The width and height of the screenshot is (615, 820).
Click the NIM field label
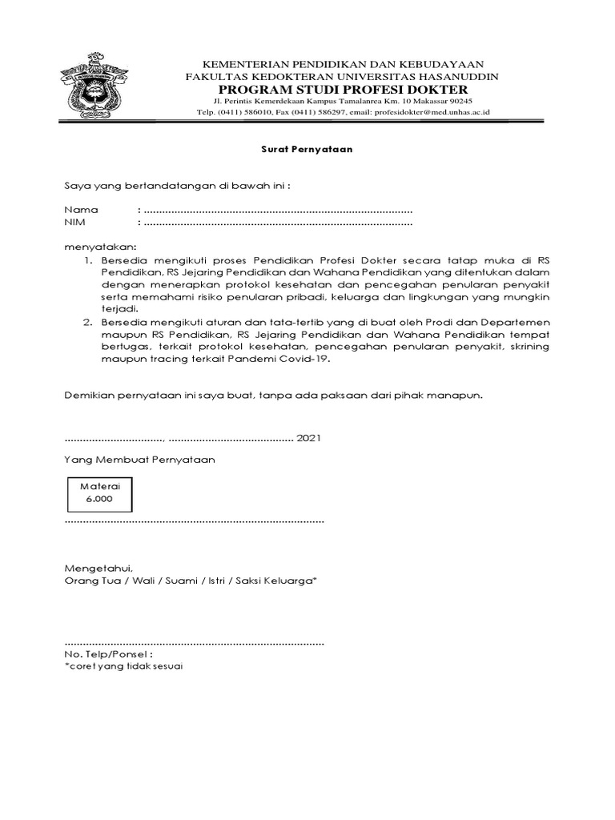coord(75,222)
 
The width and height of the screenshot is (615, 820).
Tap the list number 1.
coord(87,261)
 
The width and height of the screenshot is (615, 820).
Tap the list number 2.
coord(87,321)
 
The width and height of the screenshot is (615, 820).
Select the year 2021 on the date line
coord(309,438)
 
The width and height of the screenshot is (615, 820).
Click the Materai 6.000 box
coord(97,492)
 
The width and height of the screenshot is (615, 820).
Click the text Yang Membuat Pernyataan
coord(139,460)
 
